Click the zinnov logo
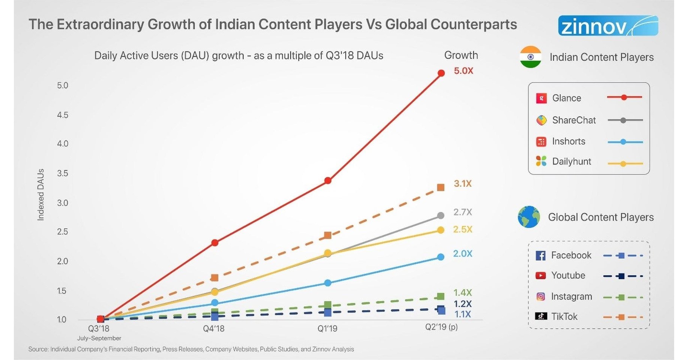(608, 25)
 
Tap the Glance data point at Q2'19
(441, 73)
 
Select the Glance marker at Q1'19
(327, 181)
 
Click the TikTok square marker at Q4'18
(215, 278)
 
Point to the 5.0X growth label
(463, 71)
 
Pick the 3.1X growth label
(463, 184)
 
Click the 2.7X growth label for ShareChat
(463, 212)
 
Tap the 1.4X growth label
(462, 292)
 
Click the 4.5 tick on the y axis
(63, 115)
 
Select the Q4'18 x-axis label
(213, 329)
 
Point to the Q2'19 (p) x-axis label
(441, 327)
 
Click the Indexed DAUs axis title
(41, 195)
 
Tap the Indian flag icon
(530, 57)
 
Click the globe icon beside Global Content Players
(529, 217)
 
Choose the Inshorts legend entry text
(568, 141)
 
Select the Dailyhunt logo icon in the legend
(541, 161)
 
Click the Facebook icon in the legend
(540, 256)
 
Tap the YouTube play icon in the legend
(540, 276)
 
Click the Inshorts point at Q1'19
(327, 283)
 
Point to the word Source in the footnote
(38, 349)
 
